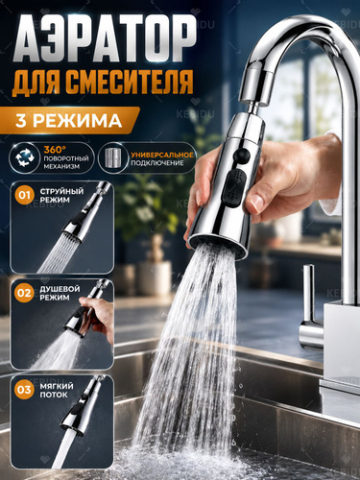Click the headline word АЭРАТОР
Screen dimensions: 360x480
click(x=104, y=39)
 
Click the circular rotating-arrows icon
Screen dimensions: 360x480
click(x=25, y=157)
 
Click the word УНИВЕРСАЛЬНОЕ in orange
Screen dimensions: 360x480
click(x=162, y=155)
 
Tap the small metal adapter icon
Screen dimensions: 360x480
click(x=112, y=157)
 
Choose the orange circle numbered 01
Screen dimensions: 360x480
click(x=24, y=195)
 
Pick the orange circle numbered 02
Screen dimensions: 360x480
click(x=24, y=293)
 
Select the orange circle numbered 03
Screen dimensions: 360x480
click(x=24, y=390)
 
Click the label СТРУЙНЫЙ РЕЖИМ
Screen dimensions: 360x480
click(x=61, y=196)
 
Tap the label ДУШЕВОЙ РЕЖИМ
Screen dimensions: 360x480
click(x=60, y=293)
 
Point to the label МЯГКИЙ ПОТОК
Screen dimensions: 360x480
click(x=57, y=390)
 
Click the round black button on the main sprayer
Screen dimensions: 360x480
click(x=242, y=155)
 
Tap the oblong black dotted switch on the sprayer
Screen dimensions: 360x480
click(x=234, y=187)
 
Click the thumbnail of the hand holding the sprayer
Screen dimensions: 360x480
click(x=62, y=324)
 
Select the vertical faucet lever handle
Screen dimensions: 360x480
click(x=308, y=294)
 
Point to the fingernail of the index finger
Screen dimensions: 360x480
click(x=257, y=203)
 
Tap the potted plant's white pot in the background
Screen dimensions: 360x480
click(x=155, y=277)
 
